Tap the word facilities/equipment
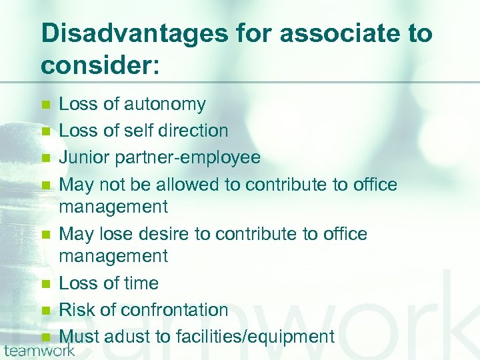(255, 337)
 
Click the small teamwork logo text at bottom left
(39, 350)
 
